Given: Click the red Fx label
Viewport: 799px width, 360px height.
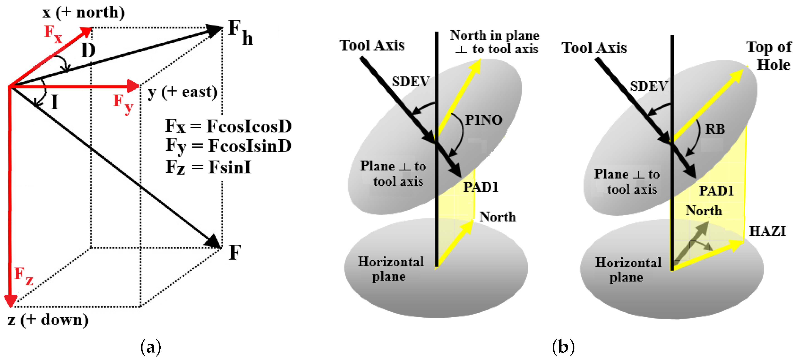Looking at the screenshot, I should pyautogui.click(x=53, y=34).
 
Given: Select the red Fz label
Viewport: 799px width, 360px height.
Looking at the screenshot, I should pyautogui.click(x=23, y=276).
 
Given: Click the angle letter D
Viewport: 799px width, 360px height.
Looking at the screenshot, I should pyautogui.click(x=88, y=51).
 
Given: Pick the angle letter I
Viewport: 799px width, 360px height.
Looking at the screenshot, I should pyautogui.click(x=55, y=102).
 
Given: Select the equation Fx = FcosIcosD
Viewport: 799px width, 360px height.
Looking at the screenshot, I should pyautogui.click(x=228, y=126).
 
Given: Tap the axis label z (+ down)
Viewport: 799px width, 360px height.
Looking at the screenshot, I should pyautogui.click(x=48, y=320).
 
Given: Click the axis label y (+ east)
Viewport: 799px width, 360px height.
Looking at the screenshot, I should pyautogui.click(x=182, y=92).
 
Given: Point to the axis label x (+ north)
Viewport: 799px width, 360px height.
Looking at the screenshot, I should pyautogui.click(x=83, y=12).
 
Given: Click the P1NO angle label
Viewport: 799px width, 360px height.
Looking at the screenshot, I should pyautogui.click(x=484, y=120).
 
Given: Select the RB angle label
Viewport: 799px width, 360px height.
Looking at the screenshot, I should pyautogui.click(x=715, y=129).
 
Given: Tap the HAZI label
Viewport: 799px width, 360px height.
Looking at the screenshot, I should pyautogui.click(x=767, y=231).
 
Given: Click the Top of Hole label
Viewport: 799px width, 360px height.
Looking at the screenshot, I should pyautogui.click(x=770, y=56).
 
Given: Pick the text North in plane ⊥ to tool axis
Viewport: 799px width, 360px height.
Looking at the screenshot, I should pyautogui.click(x=495, y=42).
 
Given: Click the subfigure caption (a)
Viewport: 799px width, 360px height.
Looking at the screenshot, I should pyautogui.click(x=151, y=347).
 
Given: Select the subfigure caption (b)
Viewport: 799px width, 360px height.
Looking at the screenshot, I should pyautogui.click(x=563, y=347).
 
